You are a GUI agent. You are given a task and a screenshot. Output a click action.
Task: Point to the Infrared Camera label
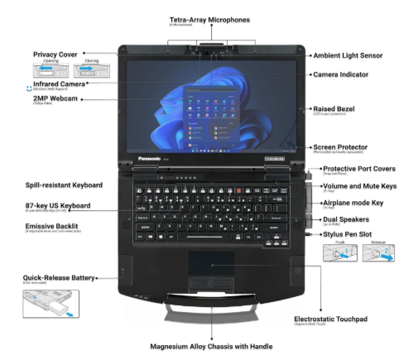pyautogui.click(x=59, y=84)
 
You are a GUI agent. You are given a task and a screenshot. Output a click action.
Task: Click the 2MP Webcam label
pyautogui.click(x=54, y=99)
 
